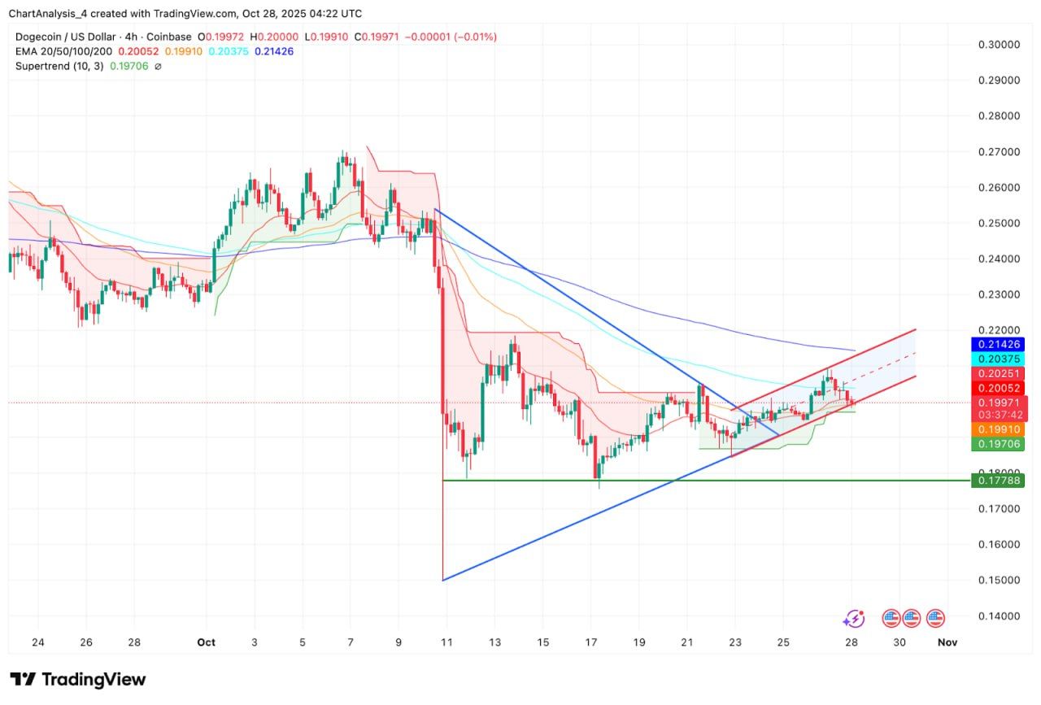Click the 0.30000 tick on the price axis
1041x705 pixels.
coord(998,45)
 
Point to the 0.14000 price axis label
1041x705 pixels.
coord(998,616)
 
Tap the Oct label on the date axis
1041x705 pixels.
coord(206,642)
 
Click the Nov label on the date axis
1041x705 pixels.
coord(947,642)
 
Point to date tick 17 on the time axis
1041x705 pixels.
coord(592,642)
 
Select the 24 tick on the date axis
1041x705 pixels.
coord(38,642)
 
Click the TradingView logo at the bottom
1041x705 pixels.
coord(78,679)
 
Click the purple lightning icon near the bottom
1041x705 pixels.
coord(853,619)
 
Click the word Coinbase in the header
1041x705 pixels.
coord(171,37)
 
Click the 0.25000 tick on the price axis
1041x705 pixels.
coord(998,223)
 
